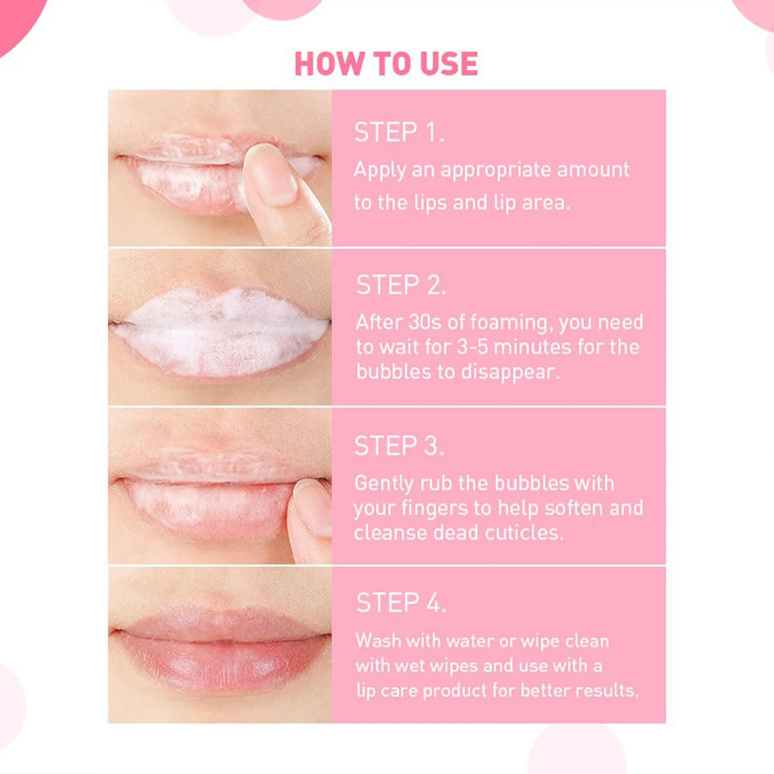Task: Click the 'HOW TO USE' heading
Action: click(x=386, y=64)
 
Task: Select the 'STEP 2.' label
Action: click(x=401, y=285)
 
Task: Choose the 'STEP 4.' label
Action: click(x=401, y=603)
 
